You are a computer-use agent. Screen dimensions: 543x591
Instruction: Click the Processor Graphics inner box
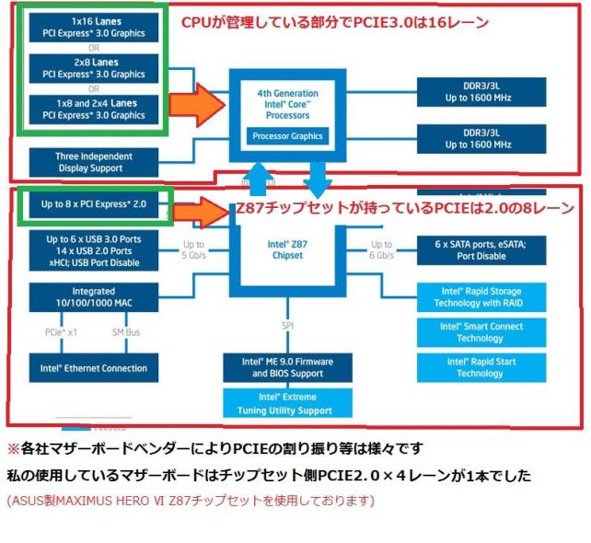click(289, 136)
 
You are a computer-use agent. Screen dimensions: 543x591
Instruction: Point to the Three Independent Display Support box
click(93, 162)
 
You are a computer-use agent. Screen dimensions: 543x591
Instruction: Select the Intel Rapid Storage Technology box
click(480, 296)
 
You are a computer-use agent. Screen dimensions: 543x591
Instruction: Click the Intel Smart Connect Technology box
click(480, 332)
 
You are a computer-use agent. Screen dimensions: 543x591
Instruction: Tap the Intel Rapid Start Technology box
click(480, 367)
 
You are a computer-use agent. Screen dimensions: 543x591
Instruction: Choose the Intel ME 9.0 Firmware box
click(288, 367)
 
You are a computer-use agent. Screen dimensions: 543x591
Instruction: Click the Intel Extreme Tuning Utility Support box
click(288, 403)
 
